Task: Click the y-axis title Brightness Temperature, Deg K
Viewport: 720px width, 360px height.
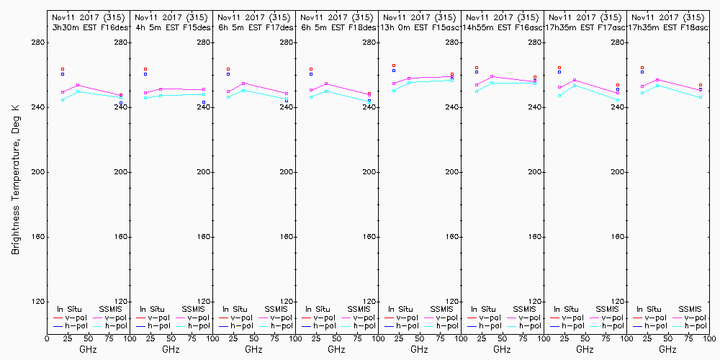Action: click(x=14, y=172)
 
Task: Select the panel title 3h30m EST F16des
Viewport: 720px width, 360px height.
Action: click(x=90, y=27)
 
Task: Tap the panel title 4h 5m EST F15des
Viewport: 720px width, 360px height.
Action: click(x=173, y=27)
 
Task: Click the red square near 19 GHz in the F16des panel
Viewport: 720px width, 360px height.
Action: click(x=63, y=69)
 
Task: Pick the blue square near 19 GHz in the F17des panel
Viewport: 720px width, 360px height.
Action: click(x=228, y=74)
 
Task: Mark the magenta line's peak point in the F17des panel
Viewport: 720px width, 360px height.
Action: click(x=243, y=84)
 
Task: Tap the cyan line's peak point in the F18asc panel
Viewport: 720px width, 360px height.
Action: click(x=657, y=86)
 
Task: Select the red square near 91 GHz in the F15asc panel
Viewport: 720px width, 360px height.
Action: click(x=452, y=74)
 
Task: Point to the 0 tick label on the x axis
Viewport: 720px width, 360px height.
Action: click(x=47, y=338)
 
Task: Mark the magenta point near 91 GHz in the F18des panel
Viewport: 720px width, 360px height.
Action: click(x=369, y=94)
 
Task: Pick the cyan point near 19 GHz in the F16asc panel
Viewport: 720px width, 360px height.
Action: click(x=477, y=91)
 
